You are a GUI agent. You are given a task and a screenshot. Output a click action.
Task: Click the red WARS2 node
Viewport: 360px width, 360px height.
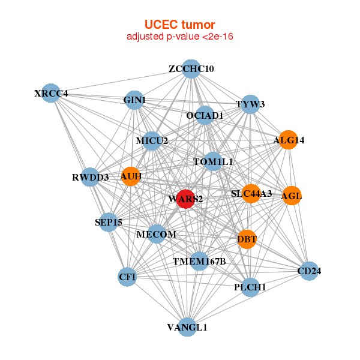[x=185, y=199]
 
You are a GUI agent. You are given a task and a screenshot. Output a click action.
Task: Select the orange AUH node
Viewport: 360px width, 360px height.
[x=131, y=176]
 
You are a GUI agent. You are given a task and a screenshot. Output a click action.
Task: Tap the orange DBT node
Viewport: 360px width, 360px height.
[x=247, y=239]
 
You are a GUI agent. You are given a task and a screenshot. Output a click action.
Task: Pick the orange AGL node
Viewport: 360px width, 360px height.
[x=292, y=196]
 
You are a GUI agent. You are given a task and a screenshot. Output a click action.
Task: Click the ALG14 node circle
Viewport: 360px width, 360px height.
[x=289, y=140]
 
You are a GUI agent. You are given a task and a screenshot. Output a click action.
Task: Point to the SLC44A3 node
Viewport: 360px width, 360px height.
[x=251, y=193]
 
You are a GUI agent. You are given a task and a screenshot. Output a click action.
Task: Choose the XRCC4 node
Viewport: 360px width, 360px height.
[x=51, y=93]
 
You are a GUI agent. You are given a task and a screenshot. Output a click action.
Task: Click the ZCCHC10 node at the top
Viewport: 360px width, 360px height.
[x=191, y=69]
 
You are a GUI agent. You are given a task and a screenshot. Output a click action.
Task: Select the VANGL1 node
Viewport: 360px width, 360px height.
[x=187, y=327]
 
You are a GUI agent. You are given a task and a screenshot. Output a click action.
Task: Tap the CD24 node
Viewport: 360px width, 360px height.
[x=308, y=271]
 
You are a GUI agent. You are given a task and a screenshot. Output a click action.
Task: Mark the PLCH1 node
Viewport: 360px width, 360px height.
[x=250, y=287]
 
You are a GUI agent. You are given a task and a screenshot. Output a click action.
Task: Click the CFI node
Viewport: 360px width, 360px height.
[x=127, y=277]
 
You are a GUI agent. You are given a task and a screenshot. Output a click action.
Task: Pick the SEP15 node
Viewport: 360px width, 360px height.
[x=109, y=222]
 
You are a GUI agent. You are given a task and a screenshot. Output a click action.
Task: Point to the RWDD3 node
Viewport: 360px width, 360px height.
[x=91, y=177]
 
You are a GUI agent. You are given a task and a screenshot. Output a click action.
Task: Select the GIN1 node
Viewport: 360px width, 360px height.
[x=134, y=100]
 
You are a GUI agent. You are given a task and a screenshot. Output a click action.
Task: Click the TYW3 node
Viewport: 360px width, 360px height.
[x=250, y=104]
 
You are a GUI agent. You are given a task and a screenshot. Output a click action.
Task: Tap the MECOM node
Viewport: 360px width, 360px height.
[x=156, y=234]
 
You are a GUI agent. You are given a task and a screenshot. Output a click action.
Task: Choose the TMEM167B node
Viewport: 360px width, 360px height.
[x=199, y=261]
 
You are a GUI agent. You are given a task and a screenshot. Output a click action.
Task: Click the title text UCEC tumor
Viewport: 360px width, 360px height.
[x=179, y=25]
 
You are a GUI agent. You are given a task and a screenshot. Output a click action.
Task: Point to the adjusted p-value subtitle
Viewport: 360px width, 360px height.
[x=179, y=37]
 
